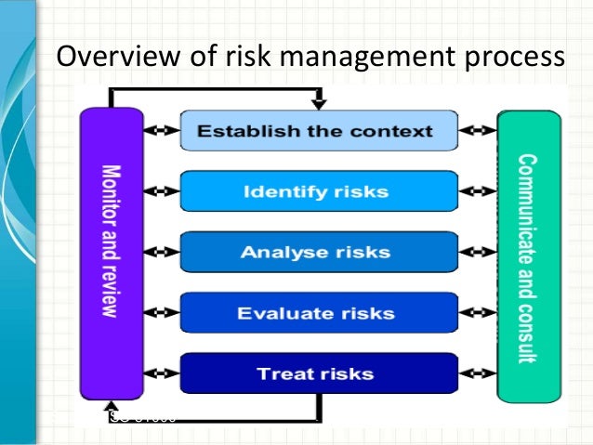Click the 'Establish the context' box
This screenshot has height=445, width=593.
319,131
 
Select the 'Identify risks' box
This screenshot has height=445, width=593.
319,192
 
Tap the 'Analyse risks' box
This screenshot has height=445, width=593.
319,253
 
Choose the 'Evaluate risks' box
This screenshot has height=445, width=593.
319,313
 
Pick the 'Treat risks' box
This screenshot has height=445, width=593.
319,373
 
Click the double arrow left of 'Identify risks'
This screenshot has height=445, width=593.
162,192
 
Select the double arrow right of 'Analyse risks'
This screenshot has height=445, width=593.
478,253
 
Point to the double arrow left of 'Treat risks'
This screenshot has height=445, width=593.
162,373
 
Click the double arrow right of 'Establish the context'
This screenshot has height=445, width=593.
478,131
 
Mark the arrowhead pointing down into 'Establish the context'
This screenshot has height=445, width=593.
319,103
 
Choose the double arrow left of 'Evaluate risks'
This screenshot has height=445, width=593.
162,313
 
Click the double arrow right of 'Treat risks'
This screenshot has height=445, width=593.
478,373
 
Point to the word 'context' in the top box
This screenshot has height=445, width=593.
398,131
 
